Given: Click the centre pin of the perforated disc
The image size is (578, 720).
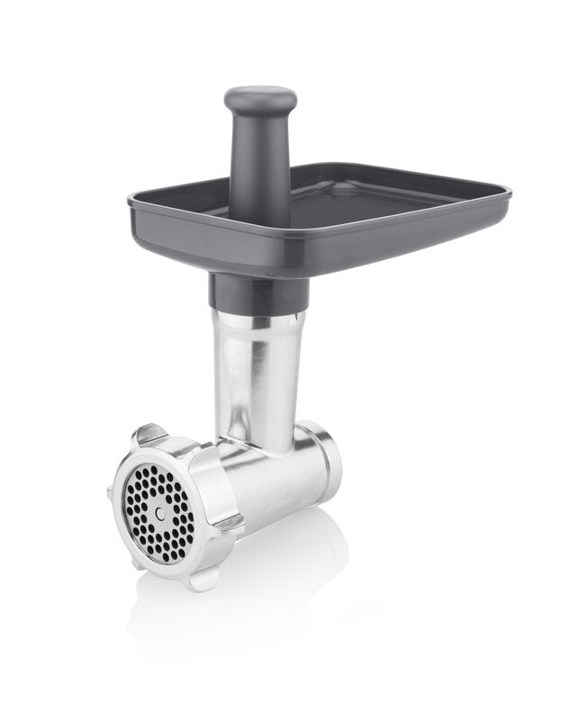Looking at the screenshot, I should click(159, 512).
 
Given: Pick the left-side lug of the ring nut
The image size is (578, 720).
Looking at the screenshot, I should click(112, 490).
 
